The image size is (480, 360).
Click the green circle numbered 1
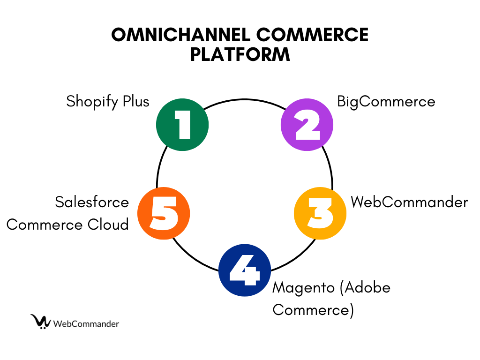pyautogui.click(x=182, y=125)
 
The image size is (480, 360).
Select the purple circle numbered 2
pyautogui.click(x=307, y=125)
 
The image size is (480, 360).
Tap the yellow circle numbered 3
pyautogui.click(x=320, y=213)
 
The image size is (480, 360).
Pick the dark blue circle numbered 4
pyautogui.click(x=245, y=270)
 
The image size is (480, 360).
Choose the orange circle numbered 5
pyautogui.click(x=164, y=213)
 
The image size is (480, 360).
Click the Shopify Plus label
pyautogui.click(x=108, y=101)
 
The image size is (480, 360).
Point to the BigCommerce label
pyautogui.click(x=386, y=101)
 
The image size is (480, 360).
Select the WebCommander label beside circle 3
pyautogui.click(x=409, y=202)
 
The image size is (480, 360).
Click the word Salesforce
pyautogui.click(x=92, y=202)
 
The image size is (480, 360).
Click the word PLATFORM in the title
pyautogui.click(x=240, y=54)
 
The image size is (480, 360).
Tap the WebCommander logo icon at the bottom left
pyautogui.click(x=41, y=322)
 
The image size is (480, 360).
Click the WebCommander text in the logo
pyautogui.click(x=86, y=323)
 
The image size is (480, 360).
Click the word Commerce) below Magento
pyautogui.click(x=313, y=309)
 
